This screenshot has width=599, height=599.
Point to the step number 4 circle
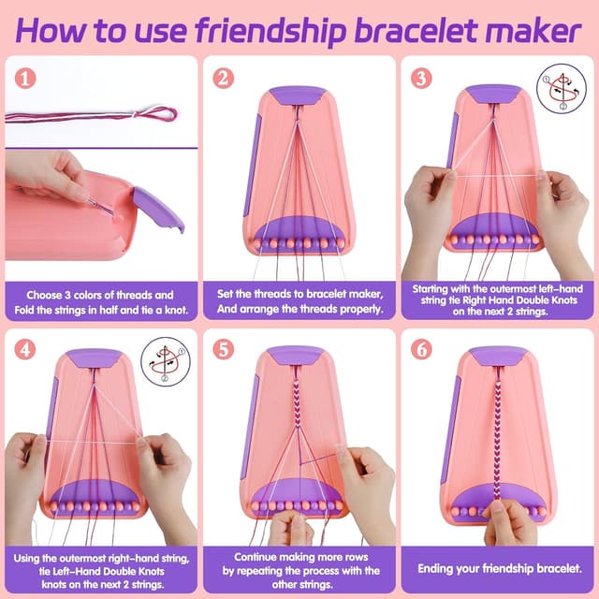pos(25,350)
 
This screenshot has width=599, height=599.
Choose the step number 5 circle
pos(223,350)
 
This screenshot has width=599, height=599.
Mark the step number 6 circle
pos(421,350)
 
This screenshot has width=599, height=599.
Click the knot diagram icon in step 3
pos(562,88)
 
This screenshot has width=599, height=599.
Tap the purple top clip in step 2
pos(298,95)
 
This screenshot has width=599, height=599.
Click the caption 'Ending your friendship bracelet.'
pos(499,568)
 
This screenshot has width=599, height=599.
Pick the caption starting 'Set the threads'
pos(299,301)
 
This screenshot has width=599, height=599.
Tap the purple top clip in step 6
pos(497,356)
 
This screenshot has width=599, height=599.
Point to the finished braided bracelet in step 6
pos(497,431)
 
